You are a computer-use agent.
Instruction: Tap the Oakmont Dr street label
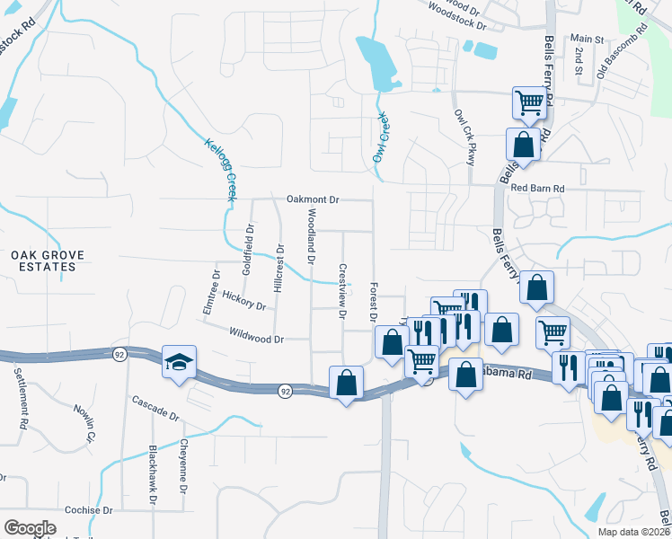pos(313,199)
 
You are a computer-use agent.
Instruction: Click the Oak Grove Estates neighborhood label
pos(48,261)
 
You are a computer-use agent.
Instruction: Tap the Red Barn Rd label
pos(536,188)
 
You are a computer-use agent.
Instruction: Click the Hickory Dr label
pos(243,300)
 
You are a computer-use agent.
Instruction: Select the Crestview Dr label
pos(341,290)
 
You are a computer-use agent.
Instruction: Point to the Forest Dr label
pos(372,303)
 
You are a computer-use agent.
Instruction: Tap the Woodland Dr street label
pos(311,236)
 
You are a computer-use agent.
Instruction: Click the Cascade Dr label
pos(155,409)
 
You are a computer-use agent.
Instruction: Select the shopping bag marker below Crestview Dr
pos(347,383)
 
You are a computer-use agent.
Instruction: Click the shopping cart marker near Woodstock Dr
pos(530,102)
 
